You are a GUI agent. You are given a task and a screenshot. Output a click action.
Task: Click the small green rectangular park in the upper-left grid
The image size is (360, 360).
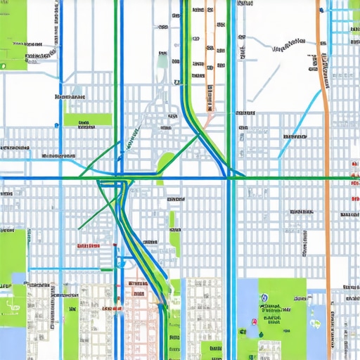coord(87,120)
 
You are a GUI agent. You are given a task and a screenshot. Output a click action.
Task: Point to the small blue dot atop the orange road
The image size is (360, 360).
coord(321,11)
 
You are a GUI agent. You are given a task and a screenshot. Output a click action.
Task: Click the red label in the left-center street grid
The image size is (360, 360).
coord(87,246)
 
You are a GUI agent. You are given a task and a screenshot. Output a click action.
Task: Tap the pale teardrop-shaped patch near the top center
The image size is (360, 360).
coord(162,61)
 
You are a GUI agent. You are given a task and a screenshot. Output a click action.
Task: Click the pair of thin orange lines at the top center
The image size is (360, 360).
coord(209,56)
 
